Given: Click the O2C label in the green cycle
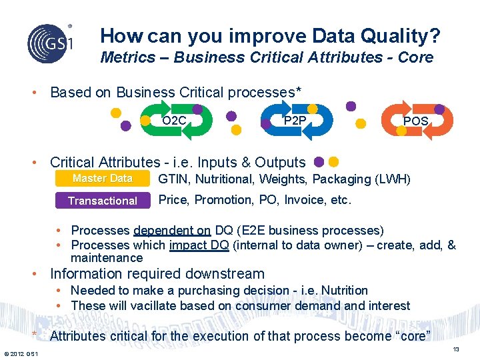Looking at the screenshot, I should tap(174, 121).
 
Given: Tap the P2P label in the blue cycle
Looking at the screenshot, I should tap(295, 121).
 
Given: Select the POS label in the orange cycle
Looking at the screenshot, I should tap(415, 121).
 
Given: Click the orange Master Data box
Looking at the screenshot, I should tap(103, 179).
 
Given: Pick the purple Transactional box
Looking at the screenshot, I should tap(103, 201).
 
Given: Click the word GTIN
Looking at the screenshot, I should tap(172, 179).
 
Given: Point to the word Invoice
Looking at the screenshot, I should tap(303, 200).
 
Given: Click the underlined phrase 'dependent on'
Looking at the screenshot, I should tap(172, 231).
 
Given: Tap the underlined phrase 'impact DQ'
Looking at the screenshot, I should tap(199, 245).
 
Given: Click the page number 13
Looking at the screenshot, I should tap(456, 350).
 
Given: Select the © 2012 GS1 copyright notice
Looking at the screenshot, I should tap(21, 353).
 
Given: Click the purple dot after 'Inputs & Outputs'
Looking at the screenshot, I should tap(319, 161).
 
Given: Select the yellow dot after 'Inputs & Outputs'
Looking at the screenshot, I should tap(333, 161).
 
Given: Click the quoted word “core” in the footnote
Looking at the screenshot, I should tap(413, 336).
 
